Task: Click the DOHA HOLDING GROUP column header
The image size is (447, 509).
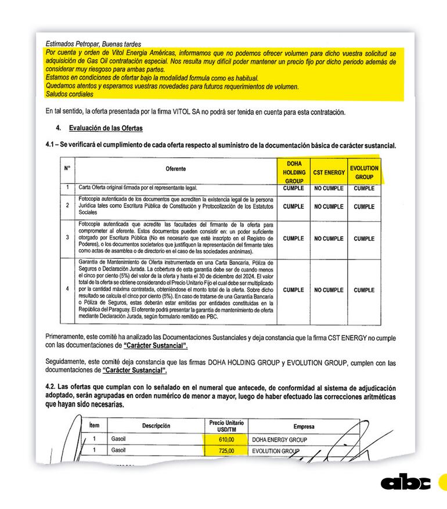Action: (x=294, y=172)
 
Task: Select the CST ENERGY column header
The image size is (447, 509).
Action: (x=329, y=172)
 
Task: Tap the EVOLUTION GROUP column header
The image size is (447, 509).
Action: (x=364, y=172)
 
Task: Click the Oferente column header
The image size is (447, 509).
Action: (x=175, y=169)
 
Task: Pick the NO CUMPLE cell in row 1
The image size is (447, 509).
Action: (x=329, y=189)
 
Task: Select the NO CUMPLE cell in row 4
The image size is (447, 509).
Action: (x=329, y=290)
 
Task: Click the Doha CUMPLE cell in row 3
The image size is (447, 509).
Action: (x=294, y=239)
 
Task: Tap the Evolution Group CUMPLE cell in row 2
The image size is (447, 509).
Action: (x=364, y=207)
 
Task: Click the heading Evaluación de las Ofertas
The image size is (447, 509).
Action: (x=106, y=128)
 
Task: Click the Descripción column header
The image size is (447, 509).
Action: (x=156, y=426)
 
